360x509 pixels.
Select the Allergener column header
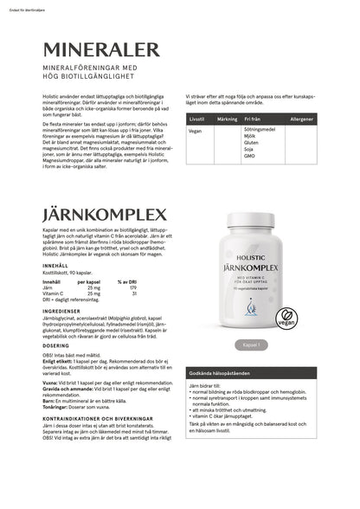tap(302, 118)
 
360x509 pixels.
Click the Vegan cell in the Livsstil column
tap(195, 131)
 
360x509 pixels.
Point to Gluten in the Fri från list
tap(251, 142)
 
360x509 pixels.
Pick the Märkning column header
tap(226, 118)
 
